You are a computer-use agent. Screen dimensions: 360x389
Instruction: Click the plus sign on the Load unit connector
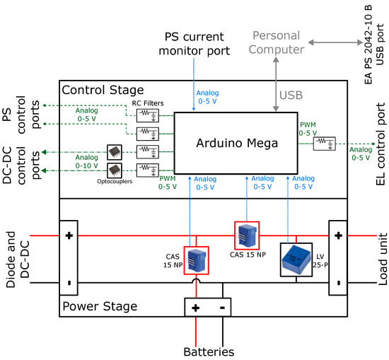[338, 235]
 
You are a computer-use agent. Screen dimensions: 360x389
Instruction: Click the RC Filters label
[149, 104]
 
